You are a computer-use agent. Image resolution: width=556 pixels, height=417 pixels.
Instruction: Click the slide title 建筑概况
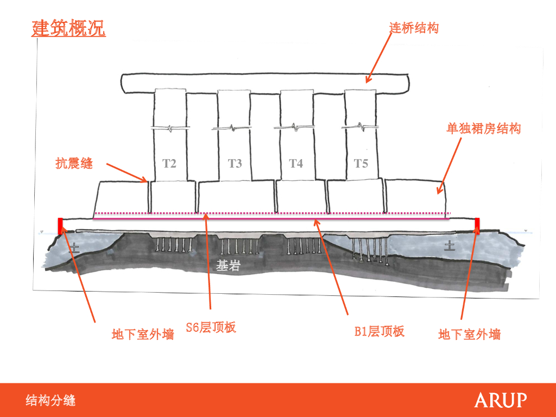point(68,28)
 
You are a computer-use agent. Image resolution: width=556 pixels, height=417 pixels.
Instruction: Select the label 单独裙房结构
point(483,129)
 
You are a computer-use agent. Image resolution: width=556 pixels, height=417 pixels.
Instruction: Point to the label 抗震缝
point(74,163)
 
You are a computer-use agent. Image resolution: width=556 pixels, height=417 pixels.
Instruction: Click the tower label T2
point(169,163)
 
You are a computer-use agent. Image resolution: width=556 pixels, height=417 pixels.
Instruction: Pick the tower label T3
point(235,163)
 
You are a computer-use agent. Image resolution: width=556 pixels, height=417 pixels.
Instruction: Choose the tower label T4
point(295,163)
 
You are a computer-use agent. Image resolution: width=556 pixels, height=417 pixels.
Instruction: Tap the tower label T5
point(361,163)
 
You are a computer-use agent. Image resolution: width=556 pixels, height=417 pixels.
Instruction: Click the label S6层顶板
point(211,327)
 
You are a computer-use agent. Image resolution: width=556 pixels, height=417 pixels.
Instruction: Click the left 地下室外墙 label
point(143,334)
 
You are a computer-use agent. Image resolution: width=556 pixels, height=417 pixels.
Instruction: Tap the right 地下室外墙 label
point(469,334)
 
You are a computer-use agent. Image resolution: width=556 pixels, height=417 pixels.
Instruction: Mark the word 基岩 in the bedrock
point(228,266)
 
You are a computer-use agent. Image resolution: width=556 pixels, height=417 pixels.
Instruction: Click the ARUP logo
point(500,401)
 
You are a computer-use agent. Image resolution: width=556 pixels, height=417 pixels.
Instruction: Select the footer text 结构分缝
point(50,401)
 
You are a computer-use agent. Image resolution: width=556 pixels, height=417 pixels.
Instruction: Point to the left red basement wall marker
point(60,224)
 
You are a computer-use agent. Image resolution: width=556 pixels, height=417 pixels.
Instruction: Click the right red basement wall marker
point(477,224)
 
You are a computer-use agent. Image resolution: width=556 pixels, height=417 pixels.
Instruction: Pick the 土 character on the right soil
point(450,247)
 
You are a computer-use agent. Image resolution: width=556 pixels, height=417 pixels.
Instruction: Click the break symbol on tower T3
point(234,129)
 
